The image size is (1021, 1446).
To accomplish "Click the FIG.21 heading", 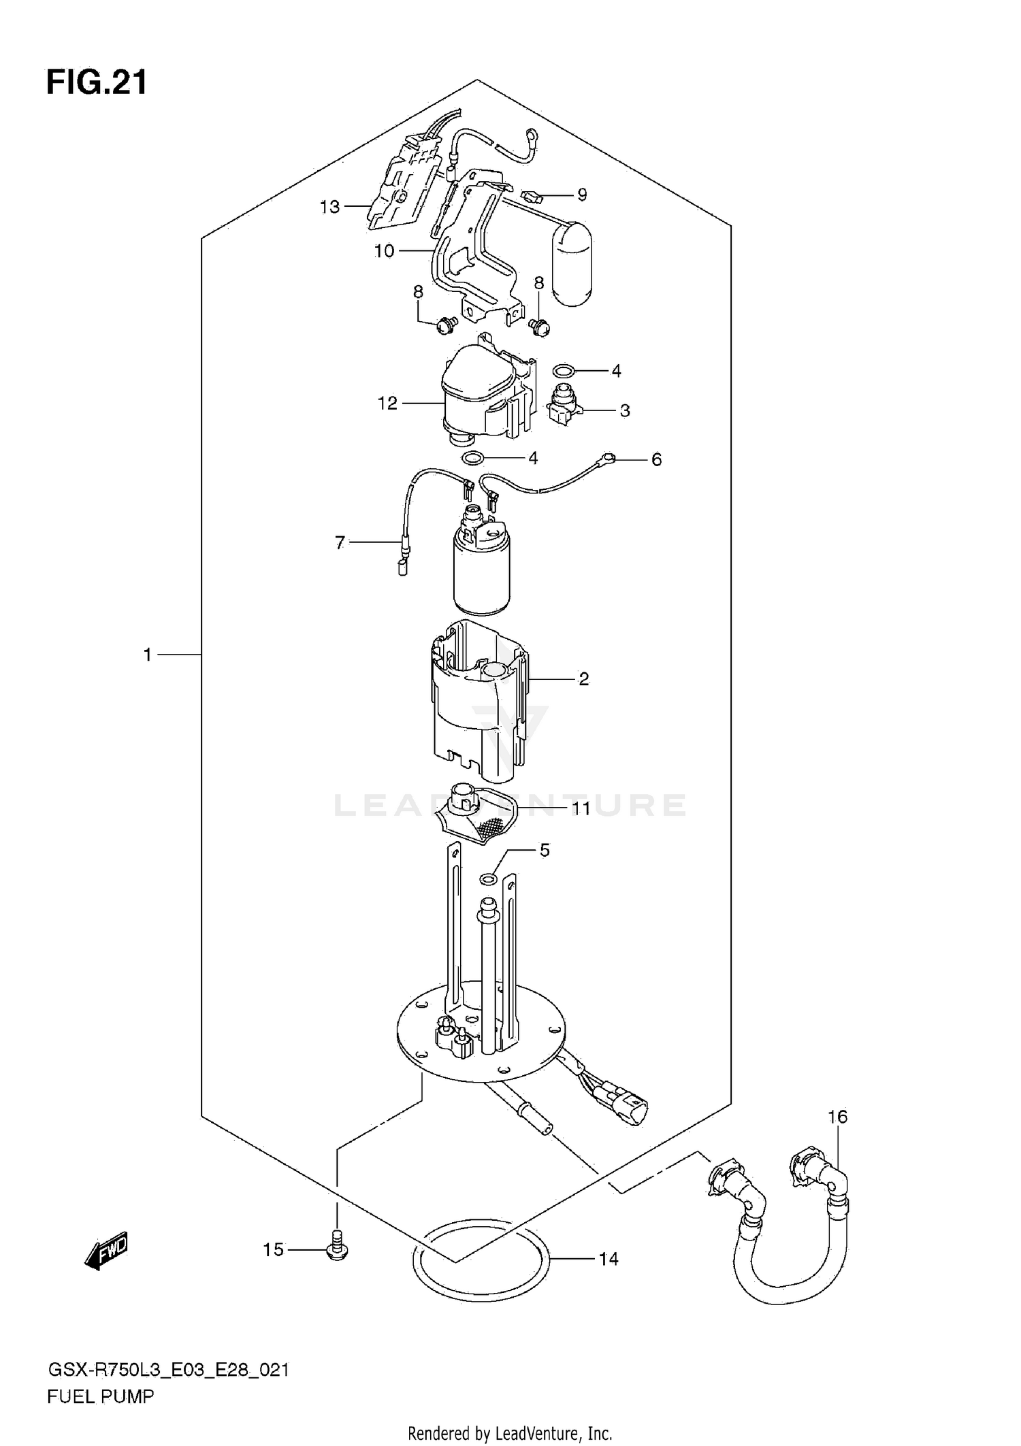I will click(97, 83).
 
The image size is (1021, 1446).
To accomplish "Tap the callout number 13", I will click(329, 207).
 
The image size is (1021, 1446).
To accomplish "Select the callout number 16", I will click(837, 1117).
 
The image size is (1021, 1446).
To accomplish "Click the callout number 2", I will click(583, 679).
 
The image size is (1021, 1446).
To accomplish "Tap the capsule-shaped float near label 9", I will click(572, 263).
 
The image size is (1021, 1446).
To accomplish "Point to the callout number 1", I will click(147, 655).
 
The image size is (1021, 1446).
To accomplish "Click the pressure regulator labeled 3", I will click(564, 407).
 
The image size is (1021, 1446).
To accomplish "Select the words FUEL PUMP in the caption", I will click(101, 1396).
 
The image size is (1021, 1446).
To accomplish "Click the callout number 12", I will click(387, 404).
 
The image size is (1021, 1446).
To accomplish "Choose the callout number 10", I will click(384, 251).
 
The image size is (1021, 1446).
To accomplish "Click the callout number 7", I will click(340, 542).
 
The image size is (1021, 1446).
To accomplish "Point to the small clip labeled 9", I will click(531, 199).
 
